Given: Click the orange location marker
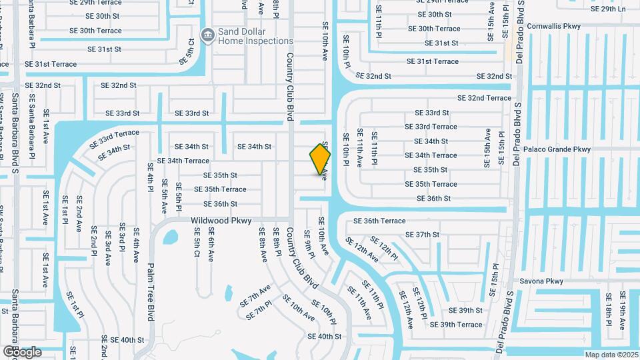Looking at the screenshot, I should pos(321,159).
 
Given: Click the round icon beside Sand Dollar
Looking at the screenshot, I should pos(207,34).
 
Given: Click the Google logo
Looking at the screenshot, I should pos(22,351).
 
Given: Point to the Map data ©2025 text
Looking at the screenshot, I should pos(610,355).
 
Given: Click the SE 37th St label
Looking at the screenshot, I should pos(423,235).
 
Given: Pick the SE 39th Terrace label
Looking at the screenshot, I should pos(456,325).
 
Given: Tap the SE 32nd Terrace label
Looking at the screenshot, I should pos(484,98).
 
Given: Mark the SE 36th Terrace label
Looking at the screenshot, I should pos(379,221).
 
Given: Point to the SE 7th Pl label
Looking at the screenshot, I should pos(259,310).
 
